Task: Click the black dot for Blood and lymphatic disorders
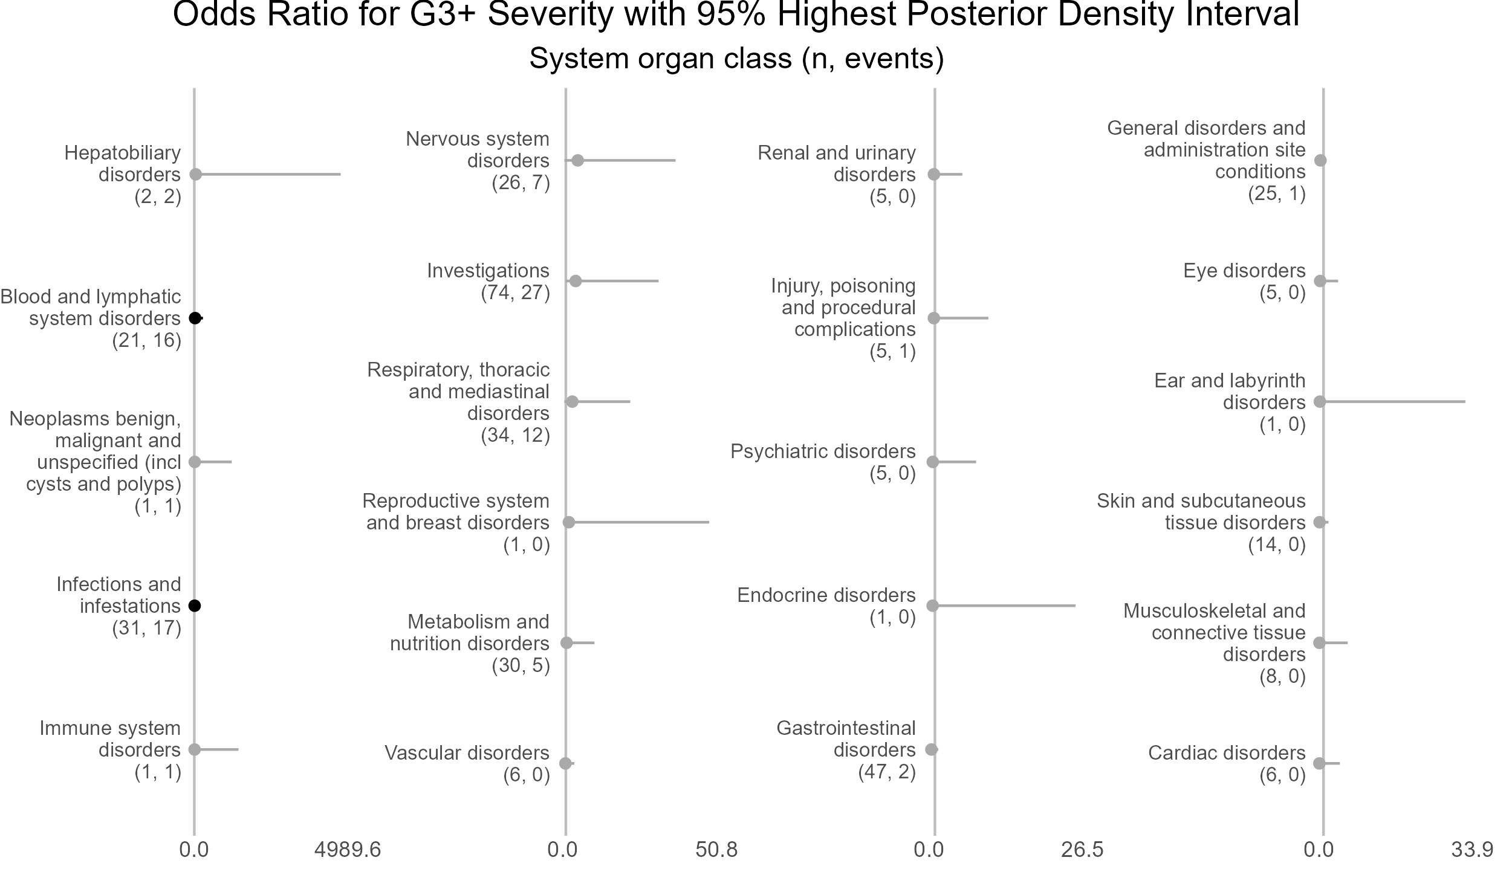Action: (195, 318)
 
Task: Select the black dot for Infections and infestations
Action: (195, 606)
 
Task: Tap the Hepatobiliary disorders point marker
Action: (195, 175)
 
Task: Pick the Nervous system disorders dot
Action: (577, 161)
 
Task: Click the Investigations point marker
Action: (576, 282)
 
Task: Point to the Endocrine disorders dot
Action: (932, 606)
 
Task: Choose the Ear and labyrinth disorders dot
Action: (1320, 402)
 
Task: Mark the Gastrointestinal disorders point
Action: (932, 750)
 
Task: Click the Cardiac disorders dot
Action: (1319, 764)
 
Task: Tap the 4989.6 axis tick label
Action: (348, 850)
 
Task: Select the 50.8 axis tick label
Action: (716, 850)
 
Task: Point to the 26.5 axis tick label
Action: (1082, 850)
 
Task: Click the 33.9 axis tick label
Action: (1472, 850)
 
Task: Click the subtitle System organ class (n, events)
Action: (736, 59)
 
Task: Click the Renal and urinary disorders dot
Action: (933, 175)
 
